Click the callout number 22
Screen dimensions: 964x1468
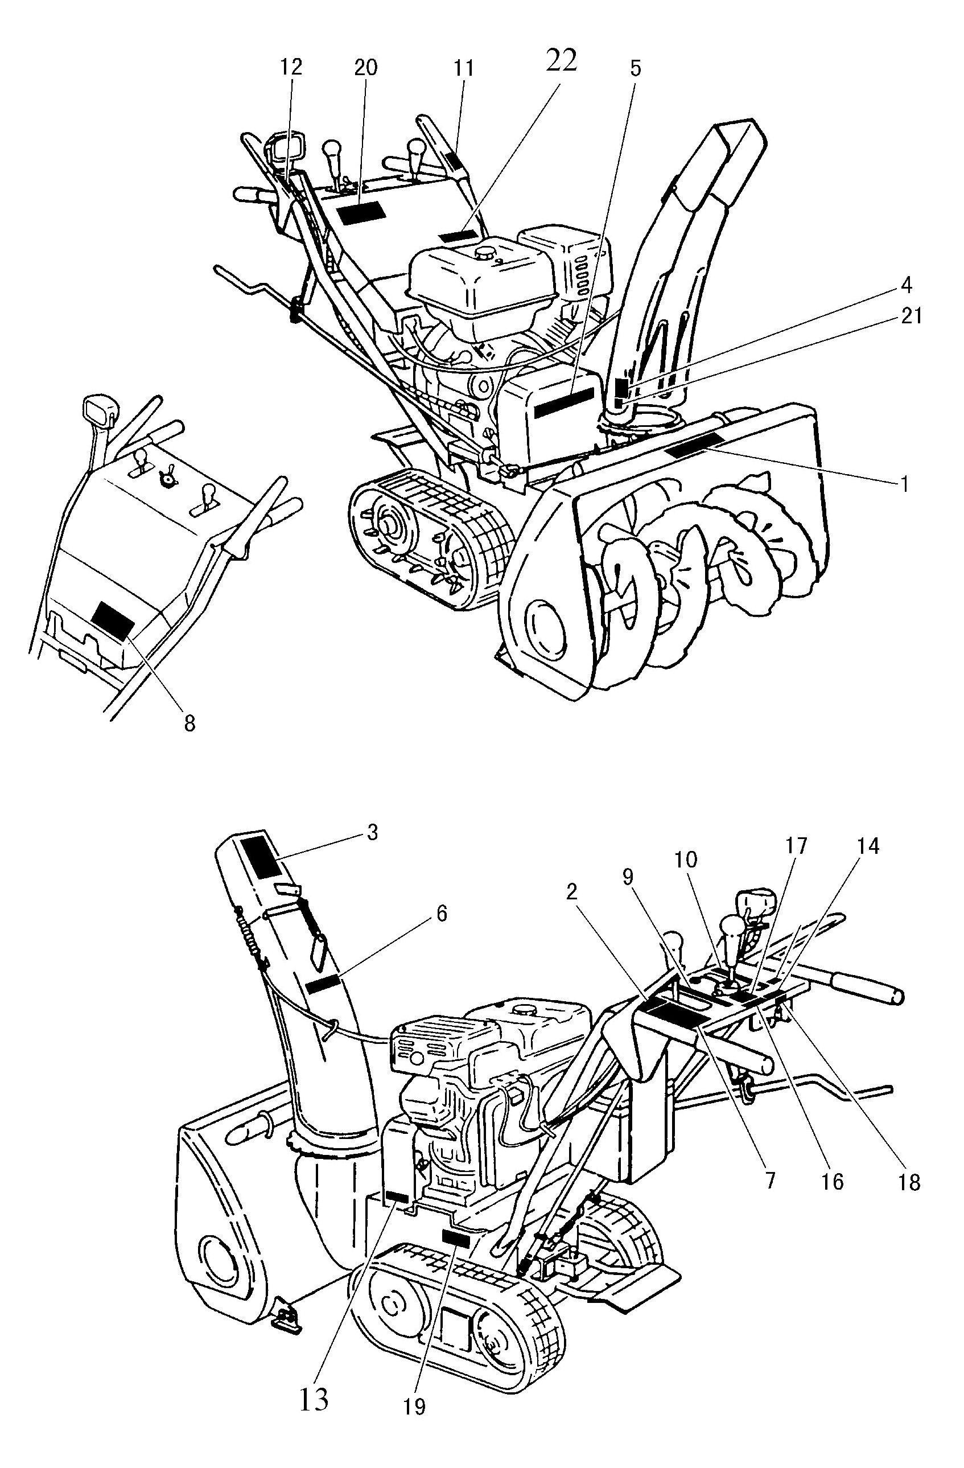coord(561,60)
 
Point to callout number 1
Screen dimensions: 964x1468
coord(904,484)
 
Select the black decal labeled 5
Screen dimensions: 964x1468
coord(565,404)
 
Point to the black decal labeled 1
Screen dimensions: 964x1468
coord(693,444)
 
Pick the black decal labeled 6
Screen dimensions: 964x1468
coord(323,984)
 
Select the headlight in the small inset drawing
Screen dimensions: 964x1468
coord(98,407)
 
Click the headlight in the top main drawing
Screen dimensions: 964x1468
coord(285,147)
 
